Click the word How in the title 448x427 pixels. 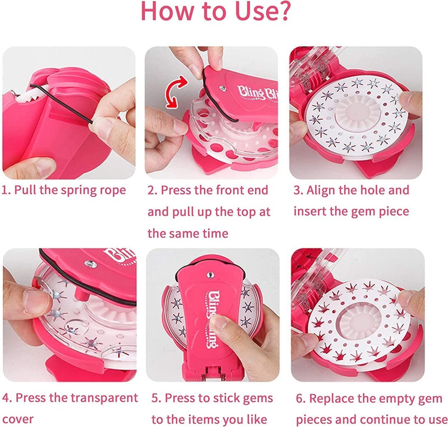165,12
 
